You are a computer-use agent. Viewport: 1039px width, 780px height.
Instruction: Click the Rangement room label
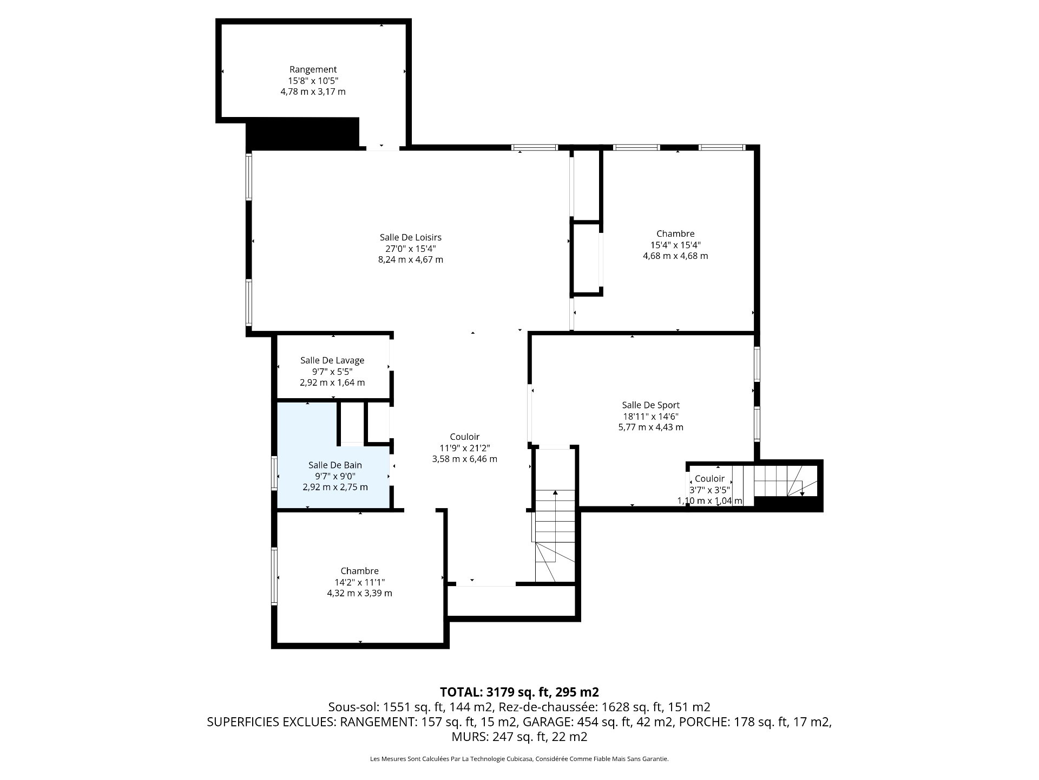pos(313,69)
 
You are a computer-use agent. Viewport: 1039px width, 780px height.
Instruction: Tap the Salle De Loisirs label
pos(411,237)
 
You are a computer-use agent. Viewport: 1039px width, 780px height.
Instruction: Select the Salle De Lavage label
pos(332,360)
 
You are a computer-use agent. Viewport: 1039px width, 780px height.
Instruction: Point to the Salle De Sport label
pos(651,405)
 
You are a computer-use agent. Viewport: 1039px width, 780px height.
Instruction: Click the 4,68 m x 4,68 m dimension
pos(675,256)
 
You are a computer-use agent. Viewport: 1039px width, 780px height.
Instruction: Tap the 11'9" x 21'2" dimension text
pos(465,448)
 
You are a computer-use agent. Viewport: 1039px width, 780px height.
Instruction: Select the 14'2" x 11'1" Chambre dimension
pos(360,582)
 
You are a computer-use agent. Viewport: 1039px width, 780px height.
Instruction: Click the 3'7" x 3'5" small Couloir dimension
pos(709,490)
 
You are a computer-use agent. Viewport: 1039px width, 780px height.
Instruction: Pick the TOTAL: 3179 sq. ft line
pos(519,692)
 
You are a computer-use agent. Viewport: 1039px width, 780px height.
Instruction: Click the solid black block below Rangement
pos(303,133)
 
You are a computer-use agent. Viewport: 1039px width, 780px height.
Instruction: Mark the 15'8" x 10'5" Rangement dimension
pos(313,81)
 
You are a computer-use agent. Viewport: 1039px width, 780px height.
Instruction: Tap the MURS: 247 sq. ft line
pos(519,737)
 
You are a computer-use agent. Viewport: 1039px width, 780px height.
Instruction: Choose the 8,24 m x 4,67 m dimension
pos(411,259)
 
